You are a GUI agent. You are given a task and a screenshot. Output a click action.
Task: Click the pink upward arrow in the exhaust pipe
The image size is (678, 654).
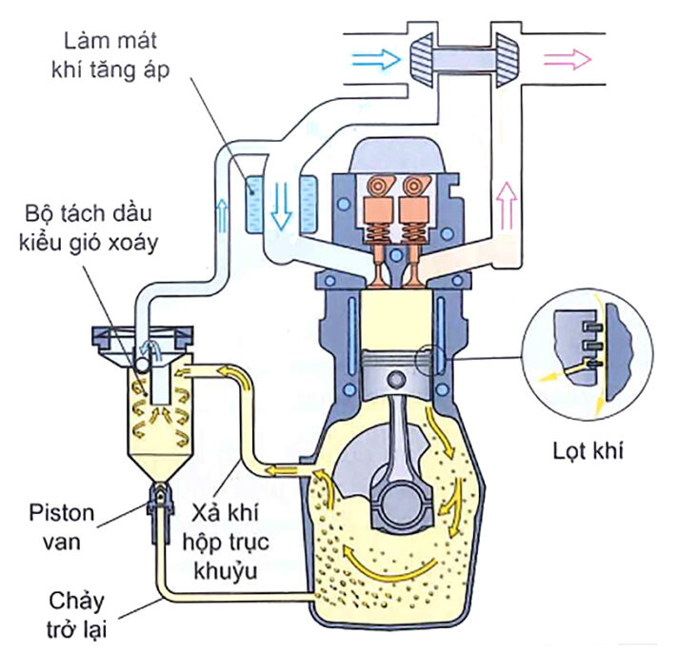(x=507, y=203)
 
